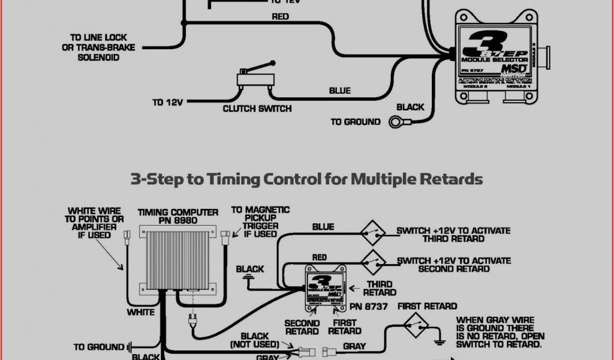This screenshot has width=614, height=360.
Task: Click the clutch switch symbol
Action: point(255,78)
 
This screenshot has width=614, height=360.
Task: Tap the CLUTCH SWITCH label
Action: point(257,109)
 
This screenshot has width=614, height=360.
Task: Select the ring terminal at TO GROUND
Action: point(397,122)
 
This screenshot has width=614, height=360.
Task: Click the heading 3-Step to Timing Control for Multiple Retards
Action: point(306,179)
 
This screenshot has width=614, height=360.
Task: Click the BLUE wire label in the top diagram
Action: point(339,91)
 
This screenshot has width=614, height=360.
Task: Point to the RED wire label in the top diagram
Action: point(281,17)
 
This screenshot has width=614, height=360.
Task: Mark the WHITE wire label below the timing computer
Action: point(140,312)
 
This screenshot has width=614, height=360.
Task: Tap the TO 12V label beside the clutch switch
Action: point(167,103)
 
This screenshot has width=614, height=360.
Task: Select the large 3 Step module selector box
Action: point(495,58)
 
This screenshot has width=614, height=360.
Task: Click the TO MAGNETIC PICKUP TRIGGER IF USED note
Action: point(260,221)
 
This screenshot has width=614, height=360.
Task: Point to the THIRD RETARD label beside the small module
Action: point(379,289)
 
